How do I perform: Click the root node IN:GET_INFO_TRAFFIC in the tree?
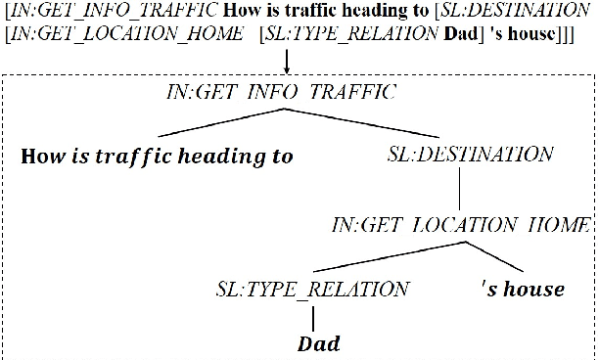(x=284, y=94)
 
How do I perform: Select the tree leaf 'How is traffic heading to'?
(x=158, y=156)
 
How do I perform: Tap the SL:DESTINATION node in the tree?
(x=471, y=155)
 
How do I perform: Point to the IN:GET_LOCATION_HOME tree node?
(x=461, y=224)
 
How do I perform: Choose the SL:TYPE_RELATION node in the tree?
(x=312, y=289)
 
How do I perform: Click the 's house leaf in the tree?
(x=524, y=289)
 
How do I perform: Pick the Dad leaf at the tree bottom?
(x=318, y=343)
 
